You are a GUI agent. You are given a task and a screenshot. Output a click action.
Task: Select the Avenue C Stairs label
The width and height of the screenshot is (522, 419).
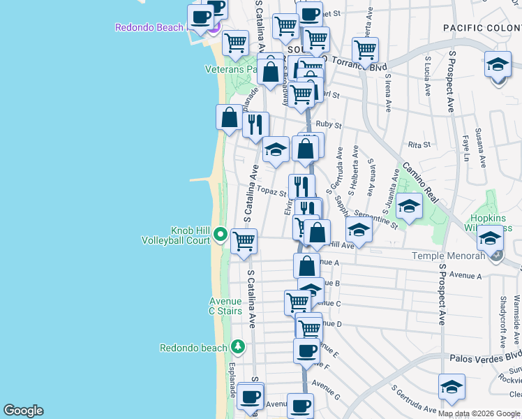(x=226, y=307)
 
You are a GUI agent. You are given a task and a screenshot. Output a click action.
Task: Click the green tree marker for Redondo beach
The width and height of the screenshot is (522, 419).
(x=237, y=347)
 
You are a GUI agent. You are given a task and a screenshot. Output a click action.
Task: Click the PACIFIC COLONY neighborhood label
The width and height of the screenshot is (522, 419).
(x=482, y=27)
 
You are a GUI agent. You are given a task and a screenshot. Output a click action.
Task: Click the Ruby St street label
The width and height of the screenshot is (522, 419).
(x=328, y=126)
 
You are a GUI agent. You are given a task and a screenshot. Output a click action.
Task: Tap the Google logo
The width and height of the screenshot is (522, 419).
(x=23, y=411)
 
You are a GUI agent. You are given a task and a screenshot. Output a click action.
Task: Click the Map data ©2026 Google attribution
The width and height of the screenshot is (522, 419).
(x=478, y=413)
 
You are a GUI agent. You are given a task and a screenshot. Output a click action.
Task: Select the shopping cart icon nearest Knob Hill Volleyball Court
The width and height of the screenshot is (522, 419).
(x=244, y=242)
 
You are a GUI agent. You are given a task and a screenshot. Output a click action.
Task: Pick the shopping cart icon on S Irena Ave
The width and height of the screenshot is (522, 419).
(x=365, y=50)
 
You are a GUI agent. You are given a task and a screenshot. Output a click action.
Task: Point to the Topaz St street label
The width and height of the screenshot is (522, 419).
(x=268, y=190)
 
